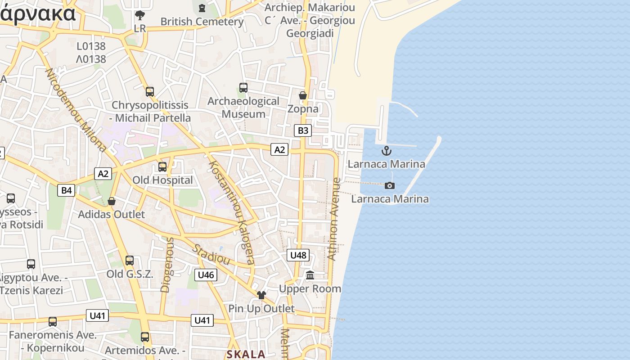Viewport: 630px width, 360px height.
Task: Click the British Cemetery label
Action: tap(202, 21)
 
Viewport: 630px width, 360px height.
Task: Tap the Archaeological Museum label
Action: tap(243, 108)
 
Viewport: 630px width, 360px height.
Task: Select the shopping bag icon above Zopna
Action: tap(303, 95)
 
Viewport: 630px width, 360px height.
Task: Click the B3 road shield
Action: tap(303, 130)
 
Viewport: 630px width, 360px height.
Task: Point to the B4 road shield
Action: tap(66, 190)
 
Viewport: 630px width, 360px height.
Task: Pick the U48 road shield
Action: tap(298, 255)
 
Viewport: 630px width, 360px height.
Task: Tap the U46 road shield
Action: tap(206, 275)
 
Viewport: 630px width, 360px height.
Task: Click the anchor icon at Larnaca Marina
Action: tap(386, 151)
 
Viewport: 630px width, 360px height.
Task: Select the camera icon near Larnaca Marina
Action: tap(390, 185)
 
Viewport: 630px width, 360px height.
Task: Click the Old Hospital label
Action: tap(162, 180)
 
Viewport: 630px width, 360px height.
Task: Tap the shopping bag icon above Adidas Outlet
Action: tap(112, 201)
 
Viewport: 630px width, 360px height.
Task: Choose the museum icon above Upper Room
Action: tap(310, 275)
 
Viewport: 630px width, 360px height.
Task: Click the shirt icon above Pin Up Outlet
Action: tap(261, 295)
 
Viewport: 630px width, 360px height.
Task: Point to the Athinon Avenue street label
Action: tap(334, 219)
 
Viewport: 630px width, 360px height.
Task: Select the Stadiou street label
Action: tap(211, 254)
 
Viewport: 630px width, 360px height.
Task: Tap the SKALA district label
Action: tap(246, 354)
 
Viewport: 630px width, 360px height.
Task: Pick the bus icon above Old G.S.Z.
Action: tap(130, 260)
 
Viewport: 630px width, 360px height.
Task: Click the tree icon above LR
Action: tap(140, 15)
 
